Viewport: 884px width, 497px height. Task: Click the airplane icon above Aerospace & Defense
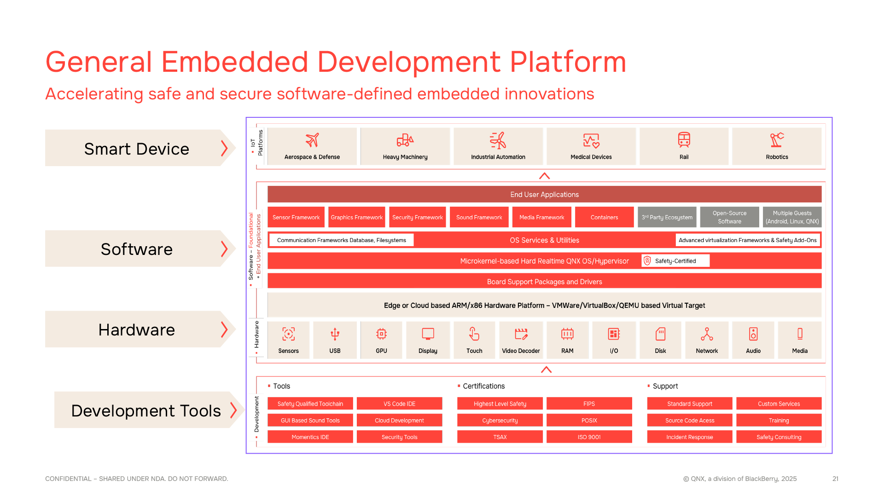[x=312, y=140]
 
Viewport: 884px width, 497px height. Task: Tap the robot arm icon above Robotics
[x=777, y=140]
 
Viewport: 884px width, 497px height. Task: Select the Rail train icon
[x=684, y=140]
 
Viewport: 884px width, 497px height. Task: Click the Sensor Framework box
[x=296, y=217]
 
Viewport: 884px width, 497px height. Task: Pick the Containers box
[x=605, y=217]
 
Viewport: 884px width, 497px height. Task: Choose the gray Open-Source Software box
[x=730, y=217]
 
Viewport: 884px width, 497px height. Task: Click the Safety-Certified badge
[x=675, y=261]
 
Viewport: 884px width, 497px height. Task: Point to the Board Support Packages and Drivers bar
[x=545, y=281]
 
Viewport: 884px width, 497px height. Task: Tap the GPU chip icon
[x=381, y=334]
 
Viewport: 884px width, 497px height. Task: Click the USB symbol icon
[x=335, y=334]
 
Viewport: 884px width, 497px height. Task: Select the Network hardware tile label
[x=707, y=351]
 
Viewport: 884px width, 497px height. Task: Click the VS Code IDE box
[x=400, y=404]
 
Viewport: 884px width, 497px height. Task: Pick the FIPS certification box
[x=589, y=404]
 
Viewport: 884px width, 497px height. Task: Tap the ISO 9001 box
[x=589, y=437]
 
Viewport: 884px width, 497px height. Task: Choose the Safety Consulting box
[x=779, y=437]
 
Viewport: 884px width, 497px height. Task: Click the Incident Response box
[x=690, y=437]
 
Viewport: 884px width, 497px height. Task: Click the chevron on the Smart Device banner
[x=224, y=148]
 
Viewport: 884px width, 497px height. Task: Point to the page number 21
[x=835, y=479]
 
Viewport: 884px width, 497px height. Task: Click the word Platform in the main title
[x=568, y=62]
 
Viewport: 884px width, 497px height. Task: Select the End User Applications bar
[x=545, y=194]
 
